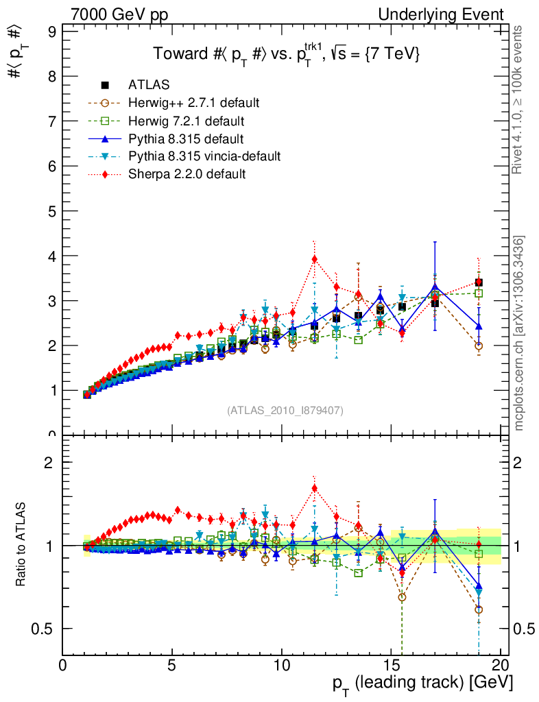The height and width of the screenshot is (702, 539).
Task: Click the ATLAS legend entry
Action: pos(149,85)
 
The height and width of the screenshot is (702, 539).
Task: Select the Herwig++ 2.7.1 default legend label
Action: pos(193,103)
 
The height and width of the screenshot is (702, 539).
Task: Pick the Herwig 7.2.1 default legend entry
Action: pos(186,121)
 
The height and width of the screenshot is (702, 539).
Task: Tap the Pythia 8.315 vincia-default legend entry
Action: pos(204,156)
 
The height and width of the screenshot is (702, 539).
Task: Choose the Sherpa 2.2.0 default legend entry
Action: pos(187,174)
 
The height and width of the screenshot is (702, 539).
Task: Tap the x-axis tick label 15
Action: pos(391,666)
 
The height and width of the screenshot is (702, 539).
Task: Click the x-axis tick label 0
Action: pos(63,666)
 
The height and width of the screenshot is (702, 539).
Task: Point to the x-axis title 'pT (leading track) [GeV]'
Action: pos(422,683)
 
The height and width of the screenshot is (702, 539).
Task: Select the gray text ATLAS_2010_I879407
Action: pos(285,411)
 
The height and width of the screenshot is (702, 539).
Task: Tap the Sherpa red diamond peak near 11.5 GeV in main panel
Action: pos(314,259)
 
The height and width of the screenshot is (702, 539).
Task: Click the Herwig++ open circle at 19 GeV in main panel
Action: pos(479,346)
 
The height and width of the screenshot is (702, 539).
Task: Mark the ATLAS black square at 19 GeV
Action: pos(479,282)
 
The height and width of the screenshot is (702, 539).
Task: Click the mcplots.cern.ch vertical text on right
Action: pos(520,333)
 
